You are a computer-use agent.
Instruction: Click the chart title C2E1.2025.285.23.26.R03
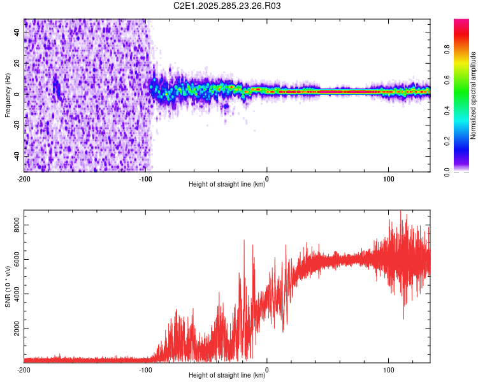228,6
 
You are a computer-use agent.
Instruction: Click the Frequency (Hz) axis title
7,95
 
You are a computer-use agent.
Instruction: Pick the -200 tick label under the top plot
24,178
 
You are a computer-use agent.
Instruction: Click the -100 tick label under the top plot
146,178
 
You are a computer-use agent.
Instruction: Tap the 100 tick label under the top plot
389,178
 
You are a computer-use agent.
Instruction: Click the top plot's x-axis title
227,185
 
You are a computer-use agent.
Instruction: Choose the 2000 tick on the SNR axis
13,329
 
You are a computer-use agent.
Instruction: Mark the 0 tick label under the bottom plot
267,370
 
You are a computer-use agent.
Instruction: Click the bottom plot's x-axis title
227,376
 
